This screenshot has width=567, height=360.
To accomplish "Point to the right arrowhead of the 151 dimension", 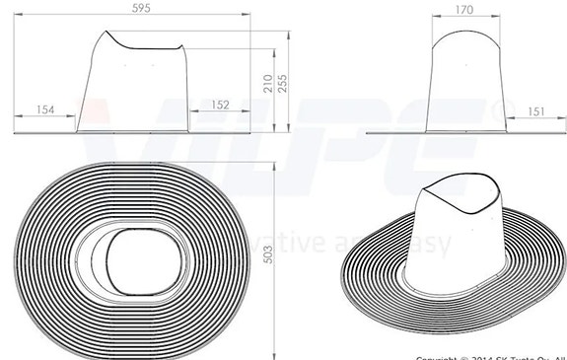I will [x=563, y=121].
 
